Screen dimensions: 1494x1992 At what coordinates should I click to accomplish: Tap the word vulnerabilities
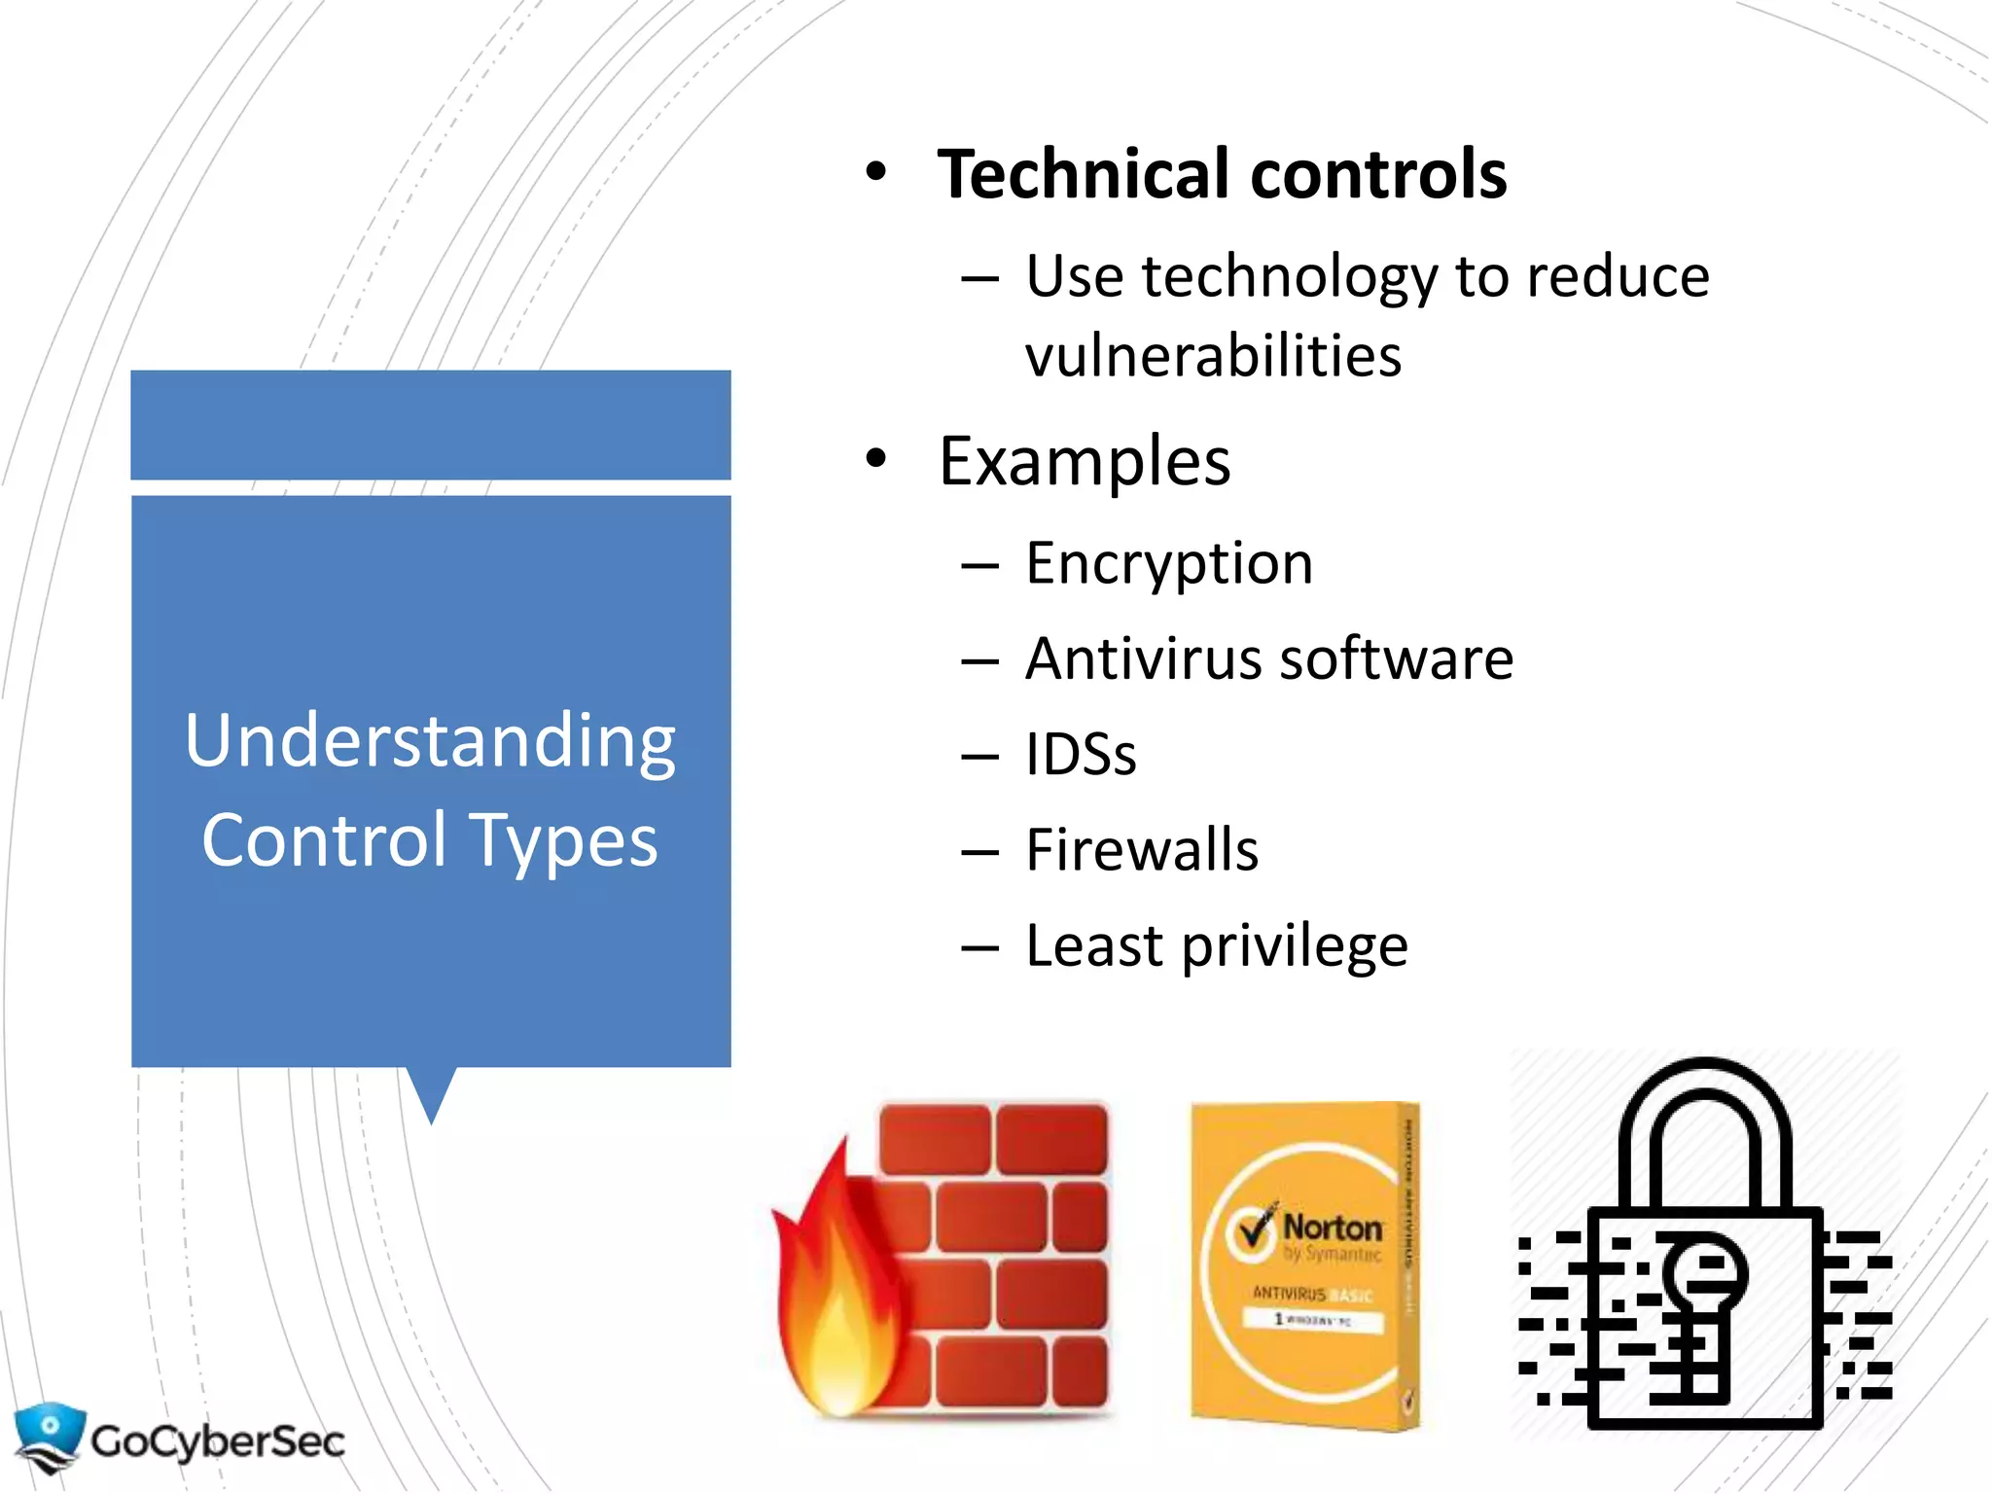pos(1213,356)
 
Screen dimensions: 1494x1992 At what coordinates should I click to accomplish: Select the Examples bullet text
pos(1085,461)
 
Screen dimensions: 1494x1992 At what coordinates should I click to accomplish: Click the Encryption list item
pos(1169,564)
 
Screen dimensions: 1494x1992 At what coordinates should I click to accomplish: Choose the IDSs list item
pos(1081,755)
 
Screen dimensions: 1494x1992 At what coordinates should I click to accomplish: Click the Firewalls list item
pos(1142,850)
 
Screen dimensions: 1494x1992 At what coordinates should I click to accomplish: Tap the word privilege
pos(1295,946)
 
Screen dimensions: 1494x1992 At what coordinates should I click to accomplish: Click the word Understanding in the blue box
pos(430,741)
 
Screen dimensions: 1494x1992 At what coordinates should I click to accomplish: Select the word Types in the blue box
pos(563,841)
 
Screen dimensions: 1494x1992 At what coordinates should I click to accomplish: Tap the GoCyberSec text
pos(218,1441)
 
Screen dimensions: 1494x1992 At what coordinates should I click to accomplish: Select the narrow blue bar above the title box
pos(431,425)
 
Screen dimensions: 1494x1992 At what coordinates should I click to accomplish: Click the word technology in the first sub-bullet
pos(1288,277)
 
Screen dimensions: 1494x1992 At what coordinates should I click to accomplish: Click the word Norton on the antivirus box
pos(1332,1227)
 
